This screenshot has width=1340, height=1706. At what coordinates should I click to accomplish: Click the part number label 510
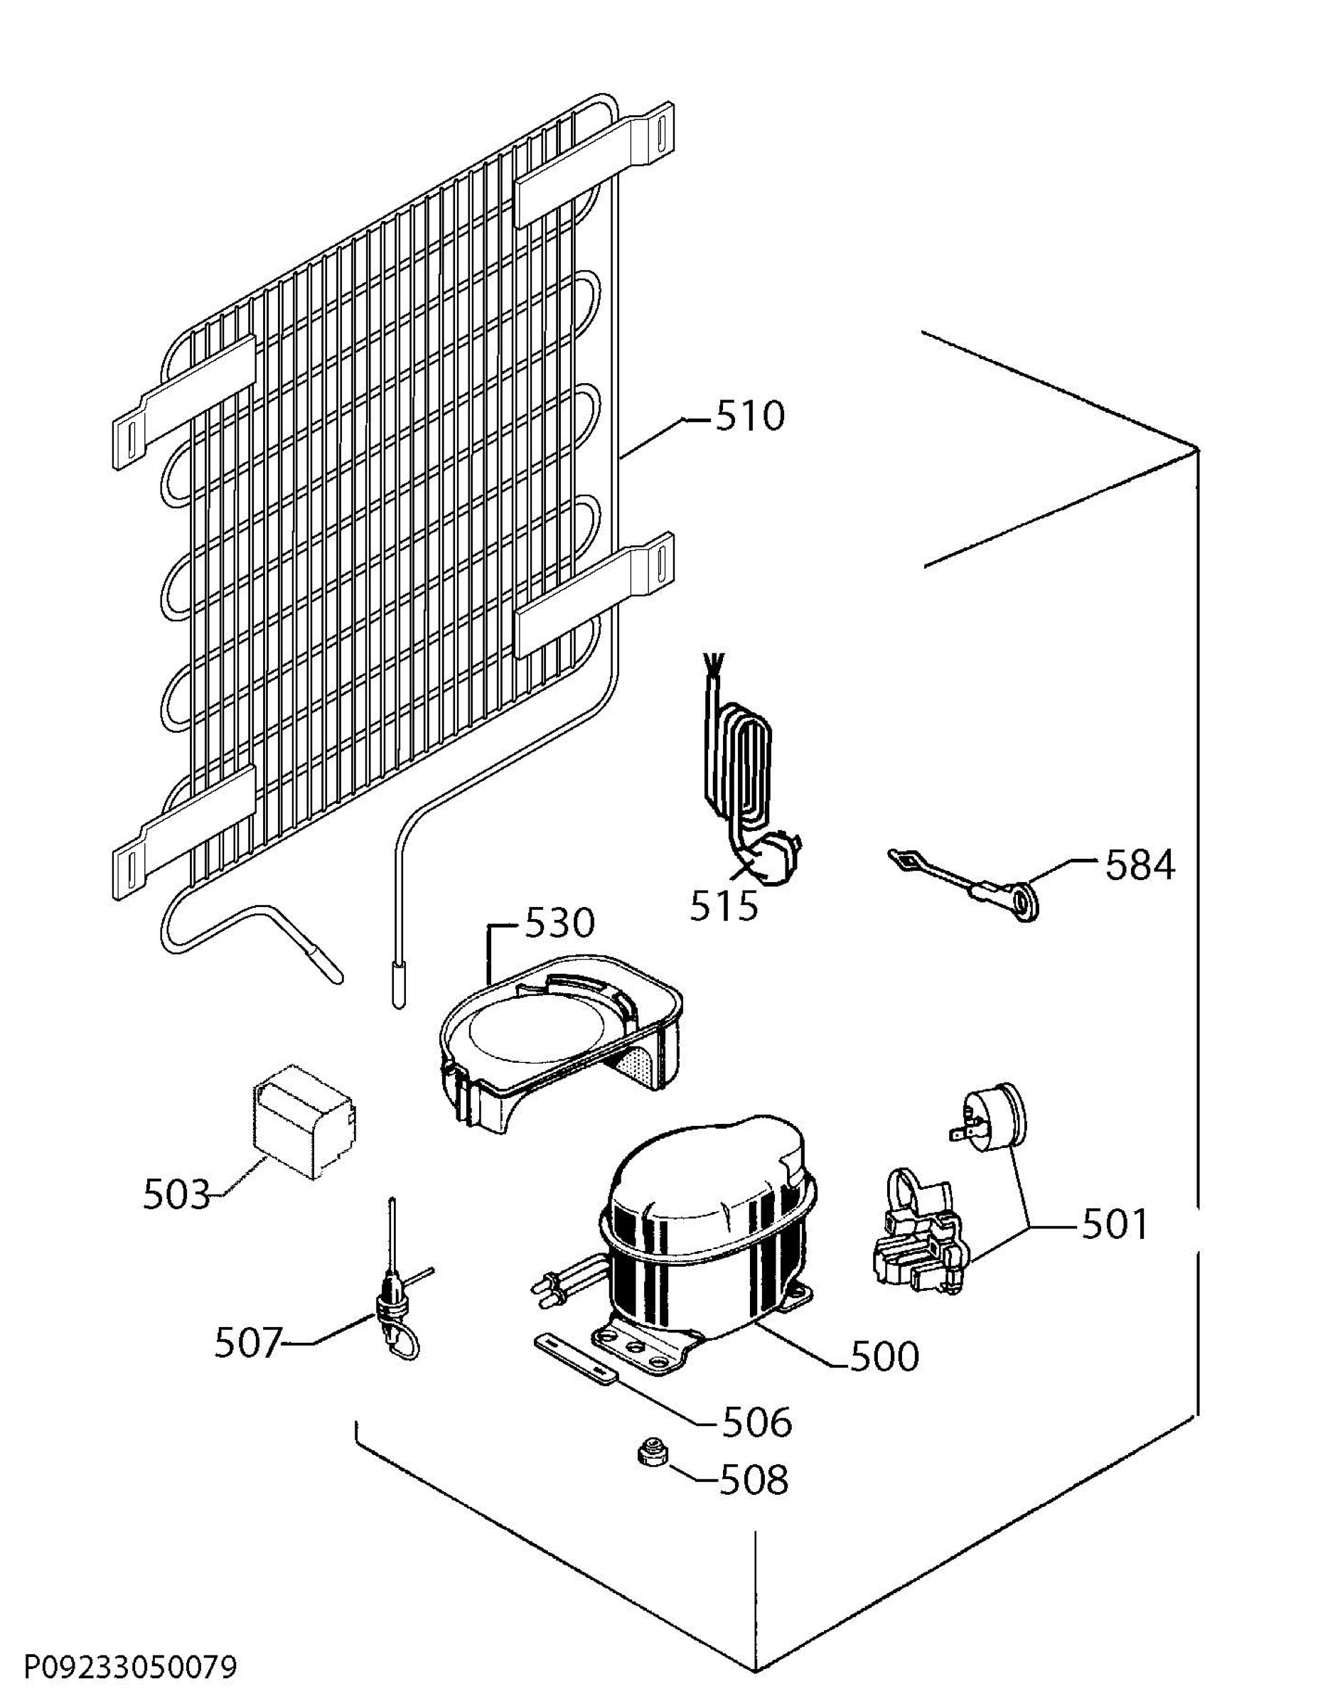click(x=749, y=417)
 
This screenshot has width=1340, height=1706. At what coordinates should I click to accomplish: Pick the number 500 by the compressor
click(x=884, y=1356)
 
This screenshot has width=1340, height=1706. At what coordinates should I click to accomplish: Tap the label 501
click(x=1114, y=1224)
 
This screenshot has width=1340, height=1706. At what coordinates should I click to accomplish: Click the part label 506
click(x=756, y=1422)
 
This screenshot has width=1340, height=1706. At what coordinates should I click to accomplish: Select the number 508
click(x=753, y=1480)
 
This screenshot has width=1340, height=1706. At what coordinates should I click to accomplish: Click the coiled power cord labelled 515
click(x=741, y=776)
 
